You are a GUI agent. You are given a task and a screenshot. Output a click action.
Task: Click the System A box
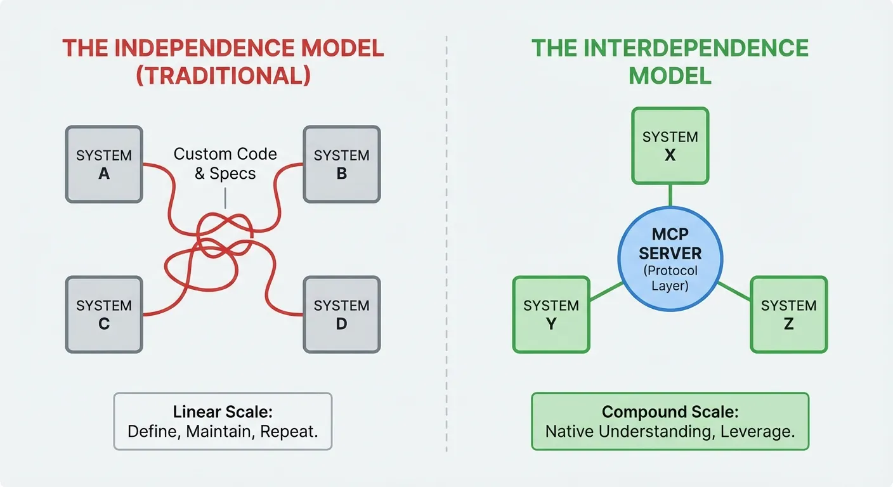coord(104,164)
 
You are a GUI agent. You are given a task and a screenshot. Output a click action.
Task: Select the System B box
coord(342,164)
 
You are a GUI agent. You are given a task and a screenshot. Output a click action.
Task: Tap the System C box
coord(104,315)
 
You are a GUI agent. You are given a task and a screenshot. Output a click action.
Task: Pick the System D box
coord(342,315)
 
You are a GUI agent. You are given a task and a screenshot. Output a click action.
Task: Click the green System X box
coord(670,146)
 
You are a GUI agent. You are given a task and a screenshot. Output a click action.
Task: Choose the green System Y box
coord(551,315)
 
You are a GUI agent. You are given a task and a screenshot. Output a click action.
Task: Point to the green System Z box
coord(789,315)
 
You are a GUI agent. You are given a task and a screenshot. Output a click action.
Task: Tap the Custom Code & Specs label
coord(225,164)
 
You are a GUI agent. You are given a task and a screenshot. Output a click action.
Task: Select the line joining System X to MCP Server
coord(670,195)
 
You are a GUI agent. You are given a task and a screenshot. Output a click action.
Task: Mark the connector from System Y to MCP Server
coord(606,291)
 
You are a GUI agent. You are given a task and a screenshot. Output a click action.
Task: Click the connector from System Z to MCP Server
coord(734,291)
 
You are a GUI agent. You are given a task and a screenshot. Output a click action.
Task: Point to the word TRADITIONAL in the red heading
coord(223,75)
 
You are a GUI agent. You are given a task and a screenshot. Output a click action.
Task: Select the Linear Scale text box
coord(223,421)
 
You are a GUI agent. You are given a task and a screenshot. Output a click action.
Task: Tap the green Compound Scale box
coord(670,421)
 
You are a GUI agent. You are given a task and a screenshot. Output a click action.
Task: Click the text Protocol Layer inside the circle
coord(670,277)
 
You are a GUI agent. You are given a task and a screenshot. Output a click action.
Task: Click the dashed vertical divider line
coord(446,254)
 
